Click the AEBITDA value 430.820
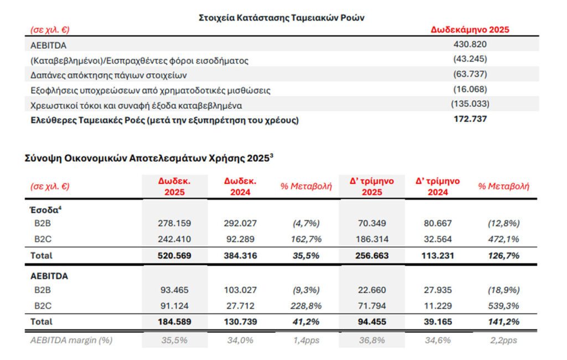point(470,45)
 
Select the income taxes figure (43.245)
point(470,59)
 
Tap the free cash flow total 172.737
point(470,119)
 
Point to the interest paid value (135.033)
point(470,104)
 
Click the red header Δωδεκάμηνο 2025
point(470,30)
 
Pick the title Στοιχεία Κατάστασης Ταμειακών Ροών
point(281,17)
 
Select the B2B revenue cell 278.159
point(174,223)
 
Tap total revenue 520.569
point(174,256)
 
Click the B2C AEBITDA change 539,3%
point(504,305)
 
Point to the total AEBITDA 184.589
point(174,321)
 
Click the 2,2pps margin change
point(504,340)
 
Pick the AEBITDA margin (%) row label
point(71,340)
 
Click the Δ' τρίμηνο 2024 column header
point(437,187)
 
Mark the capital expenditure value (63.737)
point(470,74)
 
